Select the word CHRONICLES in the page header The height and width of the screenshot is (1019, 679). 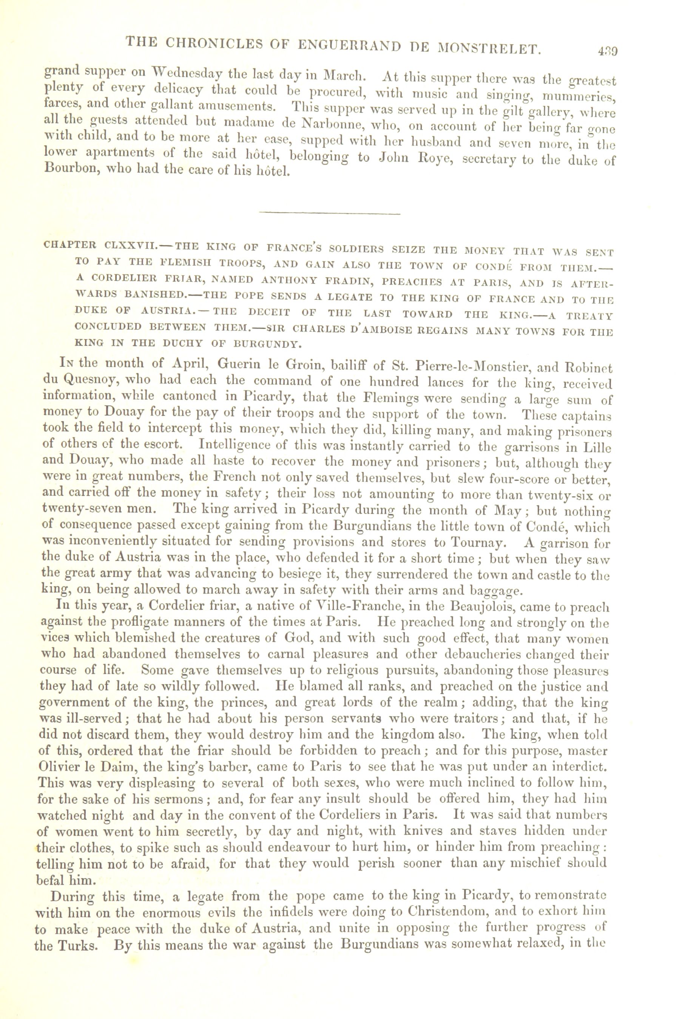pos(209,44)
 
